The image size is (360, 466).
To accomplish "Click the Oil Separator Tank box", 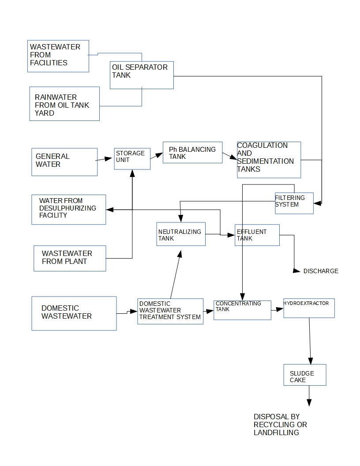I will click(141, 75).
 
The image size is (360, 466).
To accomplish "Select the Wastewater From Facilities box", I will click(58, 56).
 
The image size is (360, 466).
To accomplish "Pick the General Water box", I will click(64, 162).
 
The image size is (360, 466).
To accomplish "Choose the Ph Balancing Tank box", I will click(192, 153).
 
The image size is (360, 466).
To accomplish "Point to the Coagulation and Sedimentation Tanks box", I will click(269, 160).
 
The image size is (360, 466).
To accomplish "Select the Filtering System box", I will click(294, 203).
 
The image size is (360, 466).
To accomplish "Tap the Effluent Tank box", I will click(257, 235).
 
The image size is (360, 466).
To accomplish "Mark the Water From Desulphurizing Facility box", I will click(69, 209).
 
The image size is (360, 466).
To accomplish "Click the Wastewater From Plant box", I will click(70, 258).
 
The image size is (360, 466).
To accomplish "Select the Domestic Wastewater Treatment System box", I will click(170, 311).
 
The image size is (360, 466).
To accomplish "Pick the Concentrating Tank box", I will click(242, 310).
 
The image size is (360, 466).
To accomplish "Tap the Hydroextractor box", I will click(309, 308).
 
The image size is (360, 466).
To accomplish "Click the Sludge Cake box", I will click(305, 375).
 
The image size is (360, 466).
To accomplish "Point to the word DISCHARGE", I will click(321, 271).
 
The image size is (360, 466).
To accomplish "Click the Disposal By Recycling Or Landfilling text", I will click(280, 425).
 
